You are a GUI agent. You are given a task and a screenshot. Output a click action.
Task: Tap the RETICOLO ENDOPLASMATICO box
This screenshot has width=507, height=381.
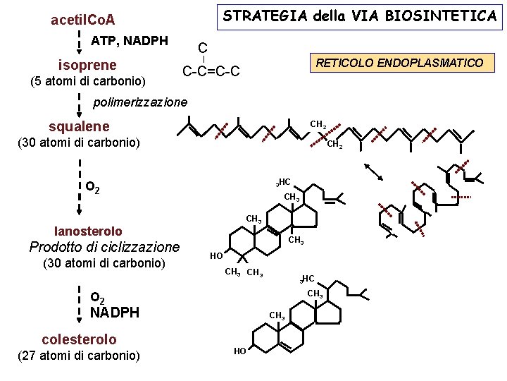pyautogui.click(x=399, y=63)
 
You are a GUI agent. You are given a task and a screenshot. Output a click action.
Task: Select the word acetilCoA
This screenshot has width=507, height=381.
pyautogui.click(x=83, y=19)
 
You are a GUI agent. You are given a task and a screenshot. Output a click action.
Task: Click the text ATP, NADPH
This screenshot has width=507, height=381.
pyautogui.click(x=130, y=41)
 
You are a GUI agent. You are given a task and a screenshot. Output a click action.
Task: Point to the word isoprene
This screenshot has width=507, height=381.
pyautogui.click(x=87, y=65)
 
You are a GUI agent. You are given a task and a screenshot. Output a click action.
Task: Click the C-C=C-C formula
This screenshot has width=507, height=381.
pyautogui.click(x=211, y=71)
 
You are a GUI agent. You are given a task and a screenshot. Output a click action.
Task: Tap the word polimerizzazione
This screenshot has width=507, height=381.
pyautogui.click(x=141, y=102)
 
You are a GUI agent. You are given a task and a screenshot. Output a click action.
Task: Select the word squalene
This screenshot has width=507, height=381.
pyautogui.click(x=79, y=127)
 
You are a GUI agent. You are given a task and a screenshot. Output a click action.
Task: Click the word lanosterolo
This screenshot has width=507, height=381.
pyautogui.click(x=88, y=231)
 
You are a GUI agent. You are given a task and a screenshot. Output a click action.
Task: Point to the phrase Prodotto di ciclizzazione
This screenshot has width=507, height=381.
pyautogui.click(x=104, y=247)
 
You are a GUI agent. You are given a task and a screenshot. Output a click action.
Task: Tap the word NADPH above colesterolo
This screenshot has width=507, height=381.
pyautogui.click(x=115, y=313)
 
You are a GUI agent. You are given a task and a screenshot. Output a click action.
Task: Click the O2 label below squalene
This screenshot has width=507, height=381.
pyautogui.click(x=92, y=188)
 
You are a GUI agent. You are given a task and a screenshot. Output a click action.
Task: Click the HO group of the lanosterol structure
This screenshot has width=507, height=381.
pyautogui.click(x=216, y=255)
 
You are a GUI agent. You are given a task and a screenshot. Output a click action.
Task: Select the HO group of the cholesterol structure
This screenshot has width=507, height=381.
pyautogui.click(x=240, y=351)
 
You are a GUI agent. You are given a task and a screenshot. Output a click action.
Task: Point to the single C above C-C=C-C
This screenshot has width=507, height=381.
pyautogui.click(x=202, y=48)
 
